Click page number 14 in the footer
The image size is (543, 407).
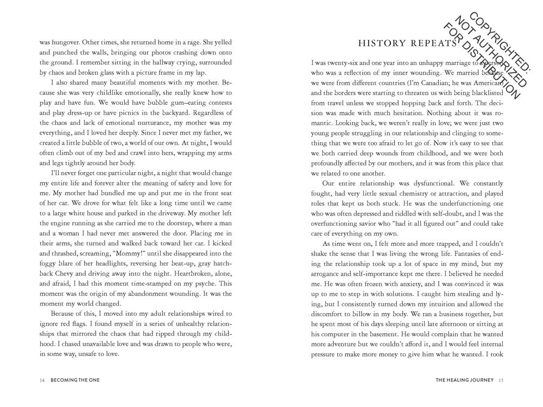coord(42,380)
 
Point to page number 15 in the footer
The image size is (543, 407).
coord(501,380)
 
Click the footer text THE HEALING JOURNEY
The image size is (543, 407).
coord(464,380)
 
